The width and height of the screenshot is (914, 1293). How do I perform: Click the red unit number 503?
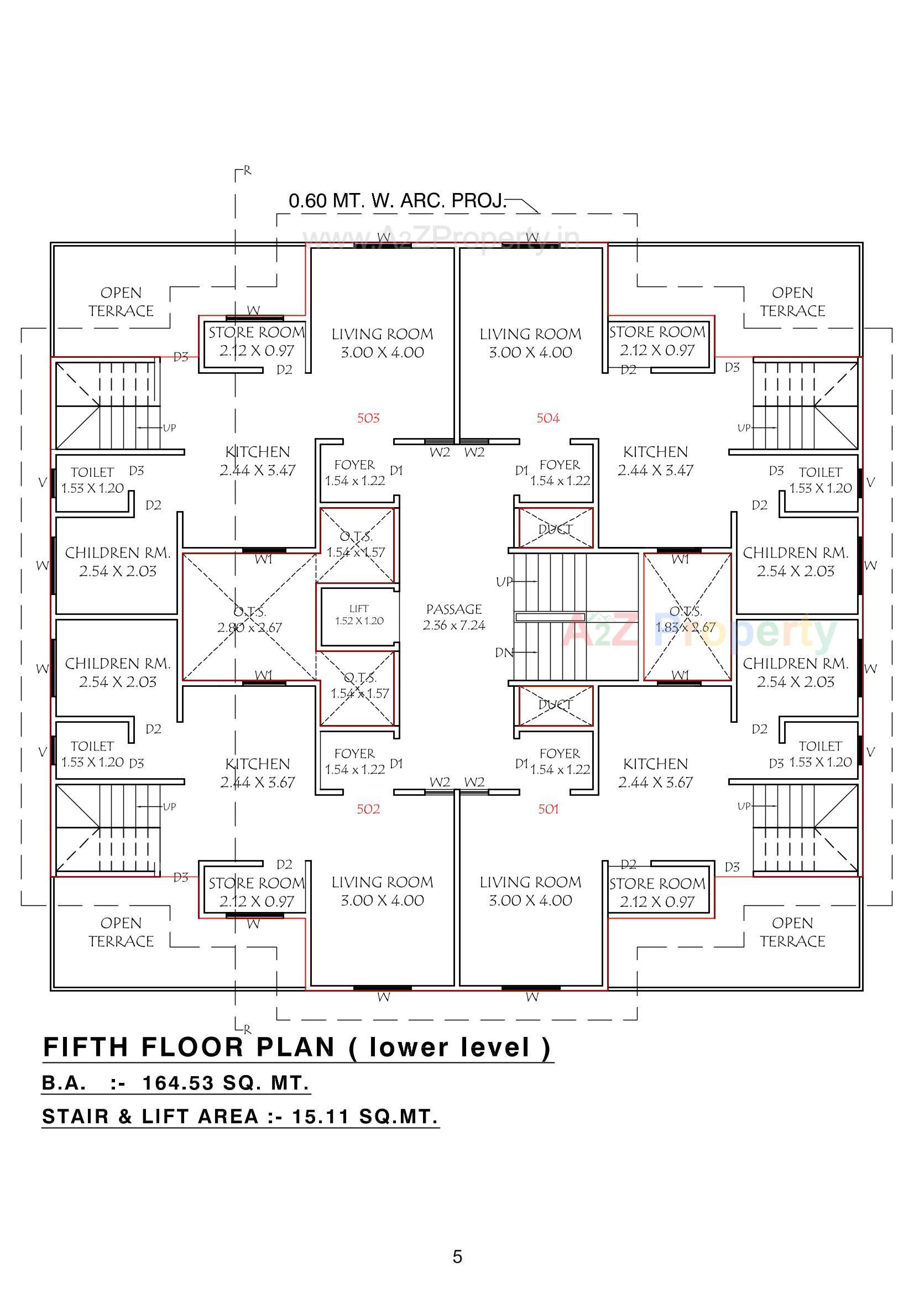pyautogui.click(x=368, y=418)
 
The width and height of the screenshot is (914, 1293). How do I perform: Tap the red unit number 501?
pyautogui.click(x=548, y=809)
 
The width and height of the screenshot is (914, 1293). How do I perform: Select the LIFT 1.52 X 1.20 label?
pyautogui.click(x=359, y=615)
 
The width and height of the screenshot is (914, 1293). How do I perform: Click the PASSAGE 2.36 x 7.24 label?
pyautogui.click(x=454, y=617)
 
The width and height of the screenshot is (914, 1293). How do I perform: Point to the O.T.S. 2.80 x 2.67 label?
pyautogui.click(x=249, y=619)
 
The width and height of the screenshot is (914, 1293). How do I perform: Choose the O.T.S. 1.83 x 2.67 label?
pyautogui.click(x=685, y=619)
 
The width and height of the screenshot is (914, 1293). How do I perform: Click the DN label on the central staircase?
pyautogui.click(x=504, y=653)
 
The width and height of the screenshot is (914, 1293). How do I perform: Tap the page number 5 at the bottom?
pyautogui.click(x=457, y=1256)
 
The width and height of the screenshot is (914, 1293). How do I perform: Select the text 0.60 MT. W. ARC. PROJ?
pyautogui.click(x=398, y=201)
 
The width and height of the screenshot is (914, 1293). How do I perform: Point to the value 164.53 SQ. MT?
pyautogui.click(x=225, y=1083)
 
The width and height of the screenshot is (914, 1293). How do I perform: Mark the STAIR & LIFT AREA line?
pyautogui.click(x=240, y=1116)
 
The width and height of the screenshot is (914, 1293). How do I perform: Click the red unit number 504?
pyautogui.click(x=548, y=418)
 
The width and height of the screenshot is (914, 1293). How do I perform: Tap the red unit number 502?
pyautogui.click(x=368, y=809)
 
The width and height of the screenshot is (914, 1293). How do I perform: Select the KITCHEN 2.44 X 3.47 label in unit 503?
pyautogui.click(x=257, y=461)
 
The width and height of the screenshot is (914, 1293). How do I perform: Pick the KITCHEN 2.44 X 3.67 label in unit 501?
pyautogui.click(x=656, y=773)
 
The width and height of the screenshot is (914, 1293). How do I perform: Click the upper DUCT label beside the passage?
pyautogui.click(x=555, y=529)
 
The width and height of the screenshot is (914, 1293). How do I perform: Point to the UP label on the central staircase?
pyautogui.click(x=504, y=582)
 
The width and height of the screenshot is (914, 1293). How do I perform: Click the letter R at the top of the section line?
pyautogui.click(x=247, y=171)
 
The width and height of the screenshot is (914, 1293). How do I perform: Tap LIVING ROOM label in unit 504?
pyautogui.click(x=530, y=342)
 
